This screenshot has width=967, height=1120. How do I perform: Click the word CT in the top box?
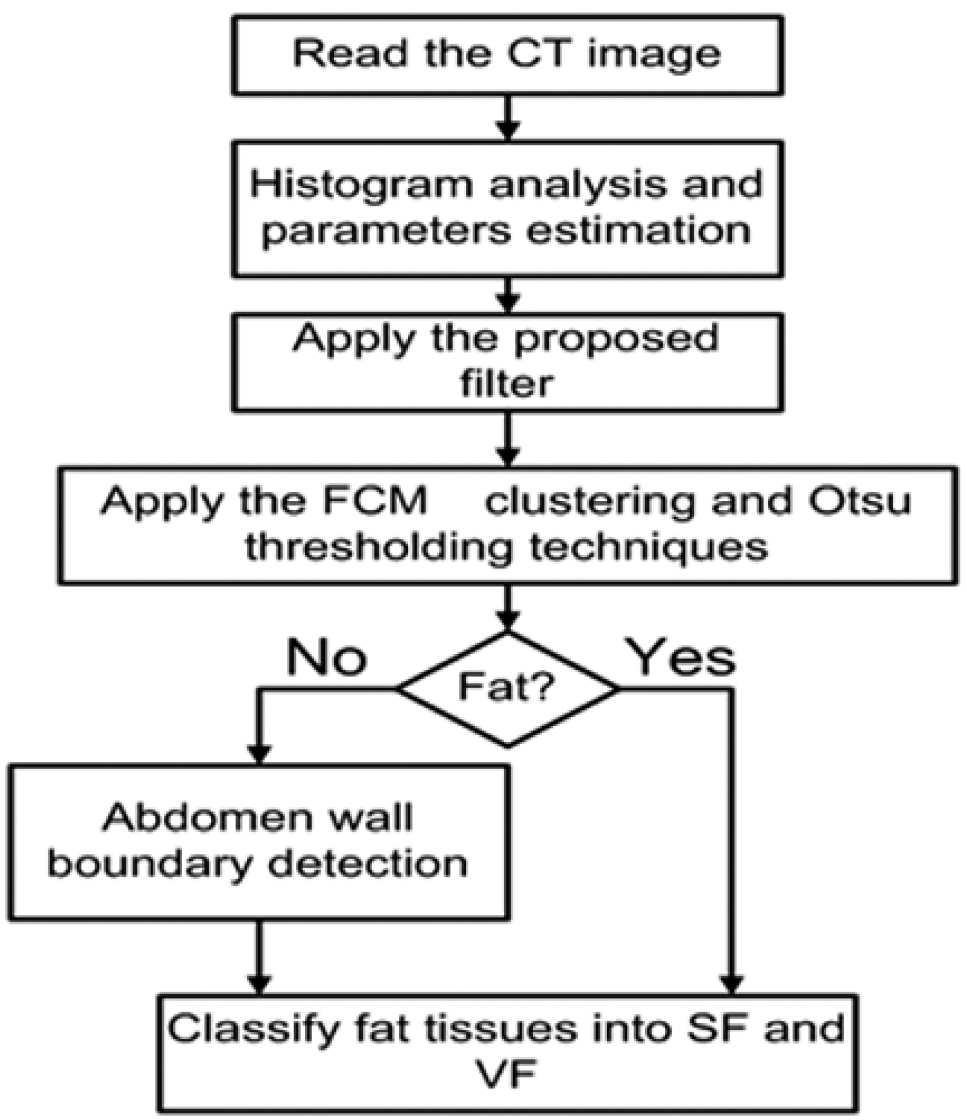coord(538,53)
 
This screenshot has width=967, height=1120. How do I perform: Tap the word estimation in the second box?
coord(638,231)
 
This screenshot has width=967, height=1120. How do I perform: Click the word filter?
coord(506,383)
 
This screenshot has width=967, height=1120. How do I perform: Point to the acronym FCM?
coord(381,501)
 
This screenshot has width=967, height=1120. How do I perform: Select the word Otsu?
coord(859,501)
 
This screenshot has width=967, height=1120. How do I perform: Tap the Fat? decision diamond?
coord(507,688)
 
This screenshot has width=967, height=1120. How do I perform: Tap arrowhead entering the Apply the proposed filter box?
coord(507,303)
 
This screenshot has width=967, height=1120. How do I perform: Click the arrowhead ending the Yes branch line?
coord(732,984)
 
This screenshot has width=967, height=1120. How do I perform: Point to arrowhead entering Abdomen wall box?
coord(258,755)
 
